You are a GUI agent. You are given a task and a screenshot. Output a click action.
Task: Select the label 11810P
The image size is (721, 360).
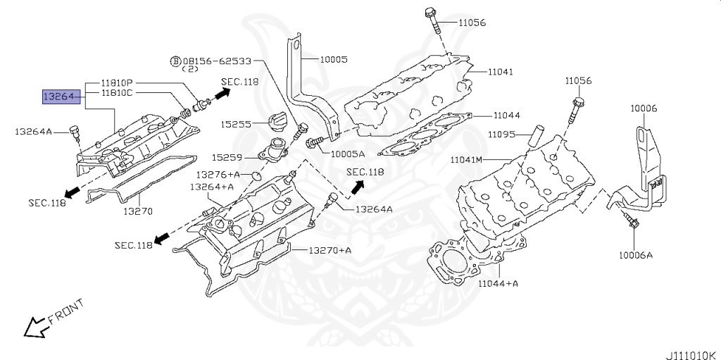point(116,83)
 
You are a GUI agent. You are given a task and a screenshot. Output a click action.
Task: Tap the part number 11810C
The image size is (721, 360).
point(116,92)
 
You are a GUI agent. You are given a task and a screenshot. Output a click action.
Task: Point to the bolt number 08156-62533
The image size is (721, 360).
point(216,61)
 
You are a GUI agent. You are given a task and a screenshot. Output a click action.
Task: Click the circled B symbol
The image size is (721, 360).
point(175,61)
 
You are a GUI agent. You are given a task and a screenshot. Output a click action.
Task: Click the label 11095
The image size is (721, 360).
point(502,134)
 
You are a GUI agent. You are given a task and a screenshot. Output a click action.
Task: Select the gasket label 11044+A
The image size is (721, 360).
point(498,283)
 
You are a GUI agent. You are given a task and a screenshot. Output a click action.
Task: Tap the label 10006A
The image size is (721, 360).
point(637,255)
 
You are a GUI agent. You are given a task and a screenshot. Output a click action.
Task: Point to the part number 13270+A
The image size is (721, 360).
point(330,250)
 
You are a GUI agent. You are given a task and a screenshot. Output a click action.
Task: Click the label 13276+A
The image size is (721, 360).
point(218,174)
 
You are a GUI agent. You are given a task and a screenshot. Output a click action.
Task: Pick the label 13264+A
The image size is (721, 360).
point(212,187)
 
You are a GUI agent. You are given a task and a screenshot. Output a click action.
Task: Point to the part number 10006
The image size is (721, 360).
point(644,108)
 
